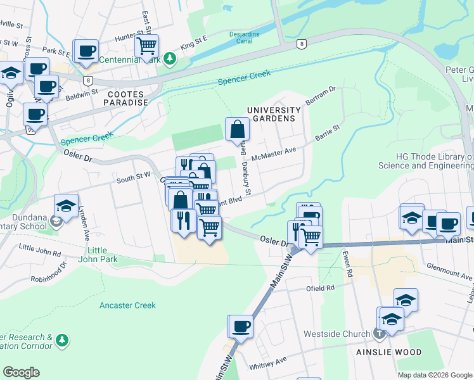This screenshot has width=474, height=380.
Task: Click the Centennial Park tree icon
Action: tap(169, 60)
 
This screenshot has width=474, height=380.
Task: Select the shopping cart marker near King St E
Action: tap(147, 46)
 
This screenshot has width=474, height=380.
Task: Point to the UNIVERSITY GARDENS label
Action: tap(272, 114)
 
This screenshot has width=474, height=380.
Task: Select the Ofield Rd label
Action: tap(321, 288)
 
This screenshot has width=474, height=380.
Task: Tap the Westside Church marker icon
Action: tap(379, 334)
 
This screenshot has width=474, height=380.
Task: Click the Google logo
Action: tap(21, 372)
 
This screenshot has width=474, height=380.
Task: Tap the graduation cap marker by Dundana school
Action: tap(66, 205)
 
